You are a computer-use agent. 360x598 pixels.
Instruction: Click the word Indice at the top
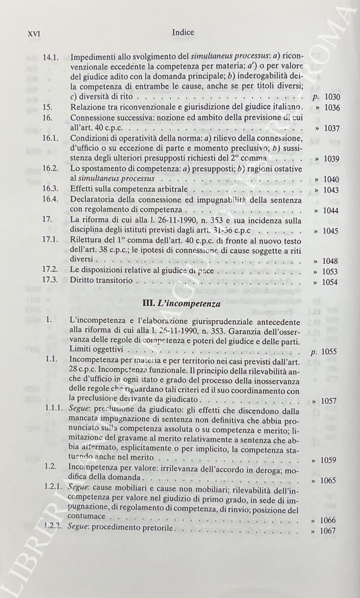tap(183, 32)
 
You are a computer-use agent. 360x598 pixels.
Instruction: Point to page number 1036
tap(331, 108)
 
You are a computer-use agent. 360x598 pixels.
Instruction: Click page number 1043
tap(331, 190)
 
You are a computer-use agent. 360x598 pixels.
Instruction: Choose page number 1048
tap(331, 261)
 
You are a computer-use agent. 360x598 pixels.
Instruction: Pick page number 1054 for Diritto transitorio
tap(331, 282)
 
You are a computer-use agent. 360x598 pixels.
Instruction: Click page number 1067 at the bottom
tap(331, 531)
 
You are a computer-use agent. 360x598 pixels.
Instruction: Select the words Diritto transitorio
tap(100, 281)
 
